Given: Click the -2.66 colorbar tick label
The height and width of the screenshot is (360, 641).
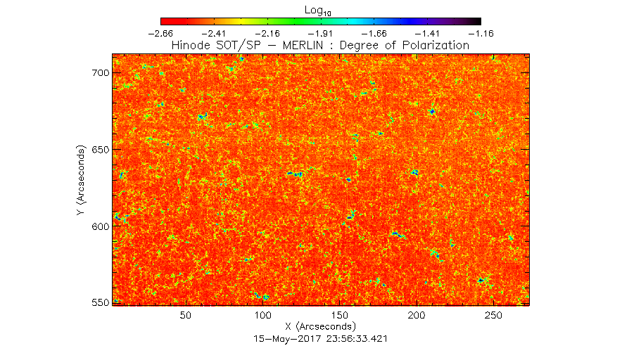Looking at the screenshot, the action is [x=160, y=34].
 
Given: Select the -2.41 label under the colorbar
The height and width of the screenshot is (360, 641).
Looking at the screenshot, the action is [x=214, y=34].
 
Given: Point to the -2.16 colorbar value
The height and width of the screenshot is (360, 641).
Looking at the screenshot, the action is [x=267, y=34].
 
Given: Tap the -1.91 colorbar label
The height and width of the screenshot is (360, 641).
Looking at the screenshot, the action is [x=321, y=34].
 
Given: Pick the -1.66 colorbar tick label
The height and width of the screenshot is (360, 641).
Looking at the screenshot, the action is [x=374, y=34].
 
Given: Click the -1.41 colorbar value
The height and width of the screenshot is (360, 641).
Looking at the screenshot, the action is [x=428, y=34].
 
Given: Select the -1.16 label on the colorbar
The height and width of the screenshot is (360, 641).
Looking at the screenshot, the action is [x=481, y=34].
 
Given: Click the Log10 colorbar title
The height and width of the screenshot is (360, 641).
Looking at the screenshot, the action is [x=317, y=11].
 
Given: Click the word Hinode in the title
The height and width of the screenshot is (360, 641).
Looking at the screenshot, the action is [x=191, y=45].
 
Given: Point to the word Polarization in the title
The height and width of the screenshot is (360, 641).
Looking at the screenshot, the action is [x=436, y=45].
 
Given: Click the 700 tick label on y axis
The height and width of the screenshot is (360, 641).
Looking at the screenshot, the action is [x=101, y=73].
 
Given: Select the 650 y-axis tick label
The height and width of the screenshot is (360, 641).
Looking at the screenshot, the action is [x=101, y=150].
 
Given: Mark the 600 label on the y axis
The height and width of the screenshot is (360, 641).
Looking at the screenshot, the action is [x=101, y=226].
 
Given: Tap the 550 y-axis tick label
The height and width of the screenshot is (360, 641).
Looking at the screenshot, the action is [x=101, y=302].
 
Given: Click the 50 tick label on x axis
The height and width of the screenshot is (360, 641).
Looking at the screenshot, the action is [x=186, y=316].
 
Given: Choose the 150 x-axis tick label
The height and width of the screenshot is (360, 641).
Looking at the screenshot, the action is [x=340, y=316].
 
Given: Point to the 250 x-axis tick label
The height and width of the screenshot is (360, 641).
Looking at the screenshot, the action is [x=493, y=316].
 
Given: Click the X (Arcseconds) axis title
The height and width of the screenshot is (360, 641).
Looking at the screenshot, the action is [x=321, y=326].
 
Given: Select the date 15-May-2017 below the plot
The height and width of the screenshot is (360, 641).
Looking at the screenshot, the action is [x=288, y=339].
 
